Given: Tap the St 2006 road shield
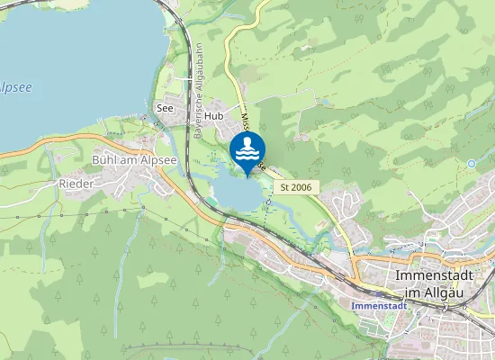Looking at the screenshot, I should coord(295,186).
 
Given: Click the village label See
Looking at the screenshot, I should coord(165,108).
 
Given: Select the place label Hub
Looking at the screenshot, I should coord(212,116).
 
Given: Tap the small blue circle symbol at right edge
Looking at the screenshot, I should coord(471,164).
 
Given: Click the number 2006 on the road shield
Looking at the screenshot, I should coord(301,186).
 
